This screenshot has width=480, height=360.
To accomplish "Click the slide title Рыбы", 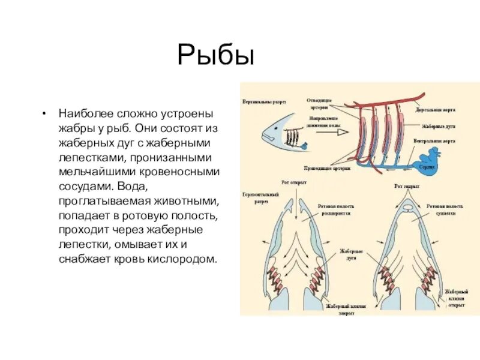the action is pos(216,56).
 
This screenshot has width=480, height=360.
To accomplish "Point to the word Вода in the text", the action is pos(202,186).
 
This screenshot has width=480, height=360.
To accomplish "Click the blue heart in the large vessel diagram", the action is pos(429,161).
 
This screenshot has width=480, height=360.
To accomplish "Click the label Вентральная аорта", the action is pos(437,141).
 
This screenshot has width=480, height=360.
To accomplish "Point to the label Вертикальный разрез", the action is pos(265,102).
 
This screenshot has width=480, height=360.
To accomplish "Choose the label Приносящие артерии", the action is pos(329,170).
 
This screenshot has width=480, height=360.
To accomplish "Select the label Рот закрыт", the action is pos(406,187).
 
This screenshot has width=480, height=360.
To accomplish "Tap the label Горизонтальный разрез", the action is pos(257,199).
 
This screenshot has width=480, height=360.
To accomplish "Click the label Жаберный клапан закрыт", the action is pos(348,308).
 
